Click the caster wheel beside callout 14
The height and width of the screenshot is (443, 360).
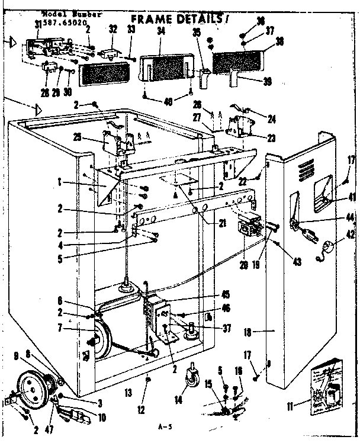click(x=191, y=375)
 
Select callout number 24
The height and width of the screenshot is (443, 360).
click(x=272, y=118)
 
